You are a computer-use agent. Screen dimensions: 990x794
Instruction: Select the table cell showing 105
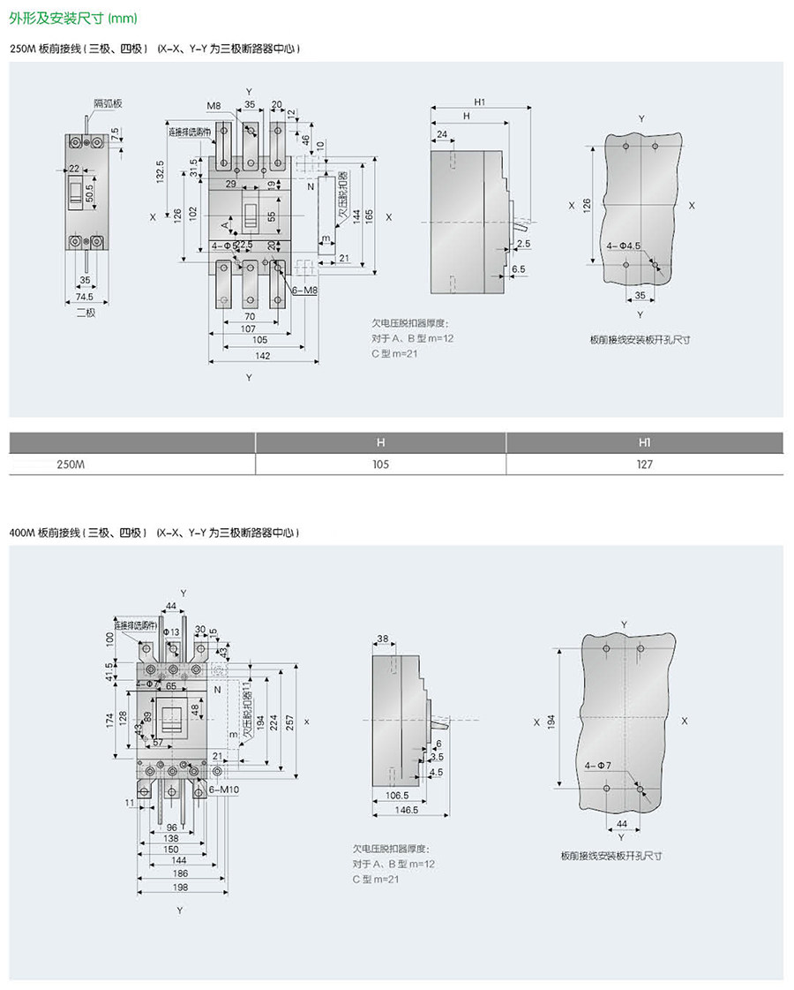[x=380, y=464]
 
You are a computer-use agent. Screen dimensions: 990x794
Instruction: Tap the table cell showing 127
[x=645, y=464]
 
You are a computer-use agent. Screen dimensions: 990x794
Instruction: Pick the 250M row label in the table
[x=70, y=464]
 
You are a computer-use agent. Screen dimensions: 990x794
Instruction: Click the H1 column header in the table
[x=645, y=441]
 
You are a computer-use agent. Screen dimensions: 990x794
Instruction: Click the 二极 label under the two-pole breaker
[x=85, y=312]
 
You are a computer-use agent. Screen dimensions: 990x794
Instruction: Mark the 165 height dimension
[x=370, y=214]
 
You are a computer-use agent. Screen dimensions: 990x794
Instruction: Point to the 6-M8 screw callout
[x=303, y=291]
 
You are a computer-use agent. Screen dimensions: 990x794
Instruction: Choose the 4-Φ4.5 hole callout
[x=624, y=246]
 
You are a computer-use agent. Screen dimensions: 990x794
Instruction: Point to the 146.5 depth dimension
[x=407, y=809]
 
